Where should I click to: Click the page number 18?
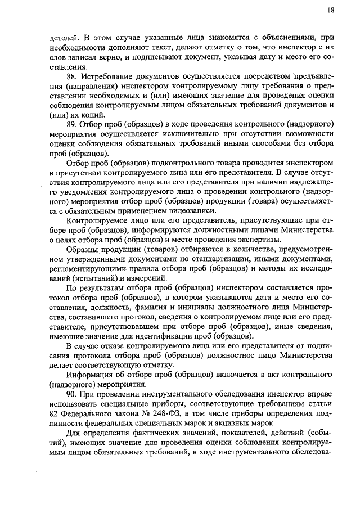pyautogui.click(x=330, y=10)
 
